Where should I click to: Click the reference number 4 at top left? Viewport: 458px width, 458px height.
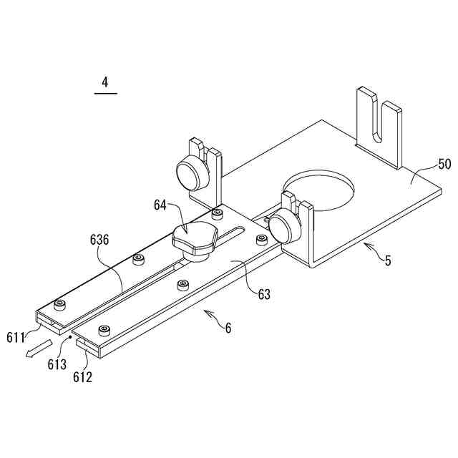104,82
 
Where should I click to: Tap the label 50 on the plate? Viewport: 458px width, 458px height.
444,164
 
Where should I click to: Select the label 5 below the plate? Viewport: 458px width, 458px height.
388,260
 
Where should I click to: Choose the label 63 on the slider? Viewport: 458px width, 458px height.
264,293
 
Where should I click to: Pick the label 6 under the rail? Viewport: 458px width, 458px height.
228,328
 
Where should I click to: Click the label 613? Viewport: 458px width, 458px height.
57,364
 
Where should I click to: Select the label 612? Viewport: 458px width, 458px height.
82,376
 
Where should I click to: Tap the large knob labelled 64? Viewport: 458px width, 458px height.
195,237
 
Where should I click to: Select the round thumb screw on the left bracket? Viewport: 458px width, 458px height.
190,172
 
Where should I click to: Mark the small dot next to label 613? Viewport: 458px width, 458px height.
70,335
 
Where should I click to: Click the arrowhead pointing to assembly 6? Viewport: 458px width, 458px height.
205,312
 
